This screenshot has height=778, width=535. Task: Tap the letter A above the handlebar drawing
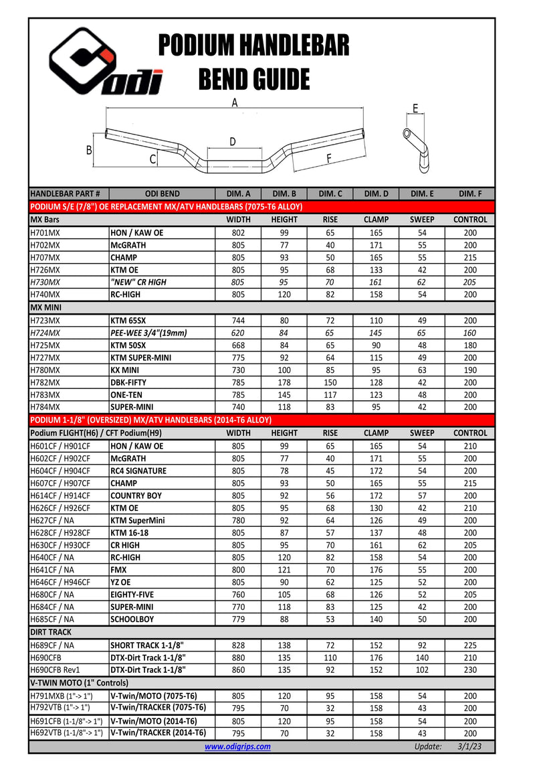coord(235,102)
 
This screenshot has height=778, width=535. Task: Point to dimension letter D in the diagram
coord(233,141)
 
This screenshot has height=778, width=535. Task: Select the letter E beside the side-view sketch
coord(415,108)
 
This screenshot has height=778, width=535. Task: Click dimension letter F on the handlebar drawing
coord(328,159)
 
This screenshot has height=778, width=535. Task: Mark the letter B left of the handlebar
coord(89,151)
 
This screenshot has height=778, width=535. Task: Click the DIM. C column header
coord(330,193)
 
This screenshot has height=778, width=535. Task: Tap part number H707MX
coord(45,257)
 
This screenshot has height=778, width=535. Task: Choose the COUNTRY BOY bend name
coord(136,495)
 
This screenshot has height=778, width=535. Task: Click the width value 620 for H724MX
coord(238,333)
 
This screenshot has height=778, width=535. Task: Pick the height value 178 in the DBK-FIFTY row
coord(284,382)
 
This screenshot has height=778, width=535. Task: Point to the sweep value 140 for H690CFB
coord(421,657)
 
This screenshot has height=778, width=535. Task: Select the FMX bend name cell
coord(119,570)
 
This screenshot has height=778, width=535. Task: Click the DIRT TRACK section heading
coord(51,632)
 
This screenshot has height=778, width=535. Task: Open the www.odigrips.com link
coord(237,747)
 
